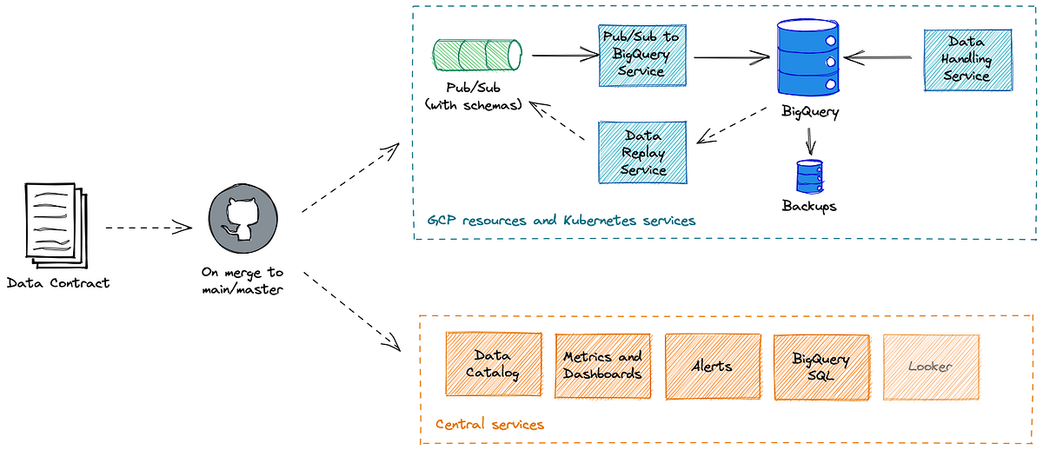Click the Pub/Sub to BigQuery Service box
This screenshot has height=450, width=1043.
tap(642, 56)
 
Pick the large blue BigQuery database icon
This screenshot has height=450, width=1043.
tap(807, 60)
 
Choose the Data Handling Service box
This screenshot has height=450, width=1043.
tap(968, 60)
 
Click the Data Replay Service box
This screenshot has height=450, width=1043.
tap(643, 152)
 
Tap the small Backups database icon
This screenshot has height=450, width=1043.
tap(809, 176)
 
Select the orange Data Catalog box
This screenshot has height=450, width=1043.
tap(493, 365)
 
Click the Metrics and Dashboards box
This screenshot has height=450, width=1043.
tap(602, 365)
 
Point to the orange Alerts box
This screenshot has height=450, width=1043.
tap(711, 365)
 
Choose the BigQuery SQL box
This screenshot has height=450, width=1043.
tap(820, 365)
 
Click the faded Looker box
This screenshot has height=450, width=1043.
tap(930, 365)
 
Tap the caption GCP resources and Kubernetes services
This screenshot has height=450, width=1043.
tap(561, 221)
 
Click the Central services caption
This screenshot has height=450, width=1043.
tap(489, 425)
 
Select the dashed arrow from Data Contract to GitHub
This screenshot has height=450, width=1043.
tap(148, 228)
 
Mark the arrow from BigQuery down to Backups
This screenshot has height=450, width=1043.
tap(810, 142)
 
